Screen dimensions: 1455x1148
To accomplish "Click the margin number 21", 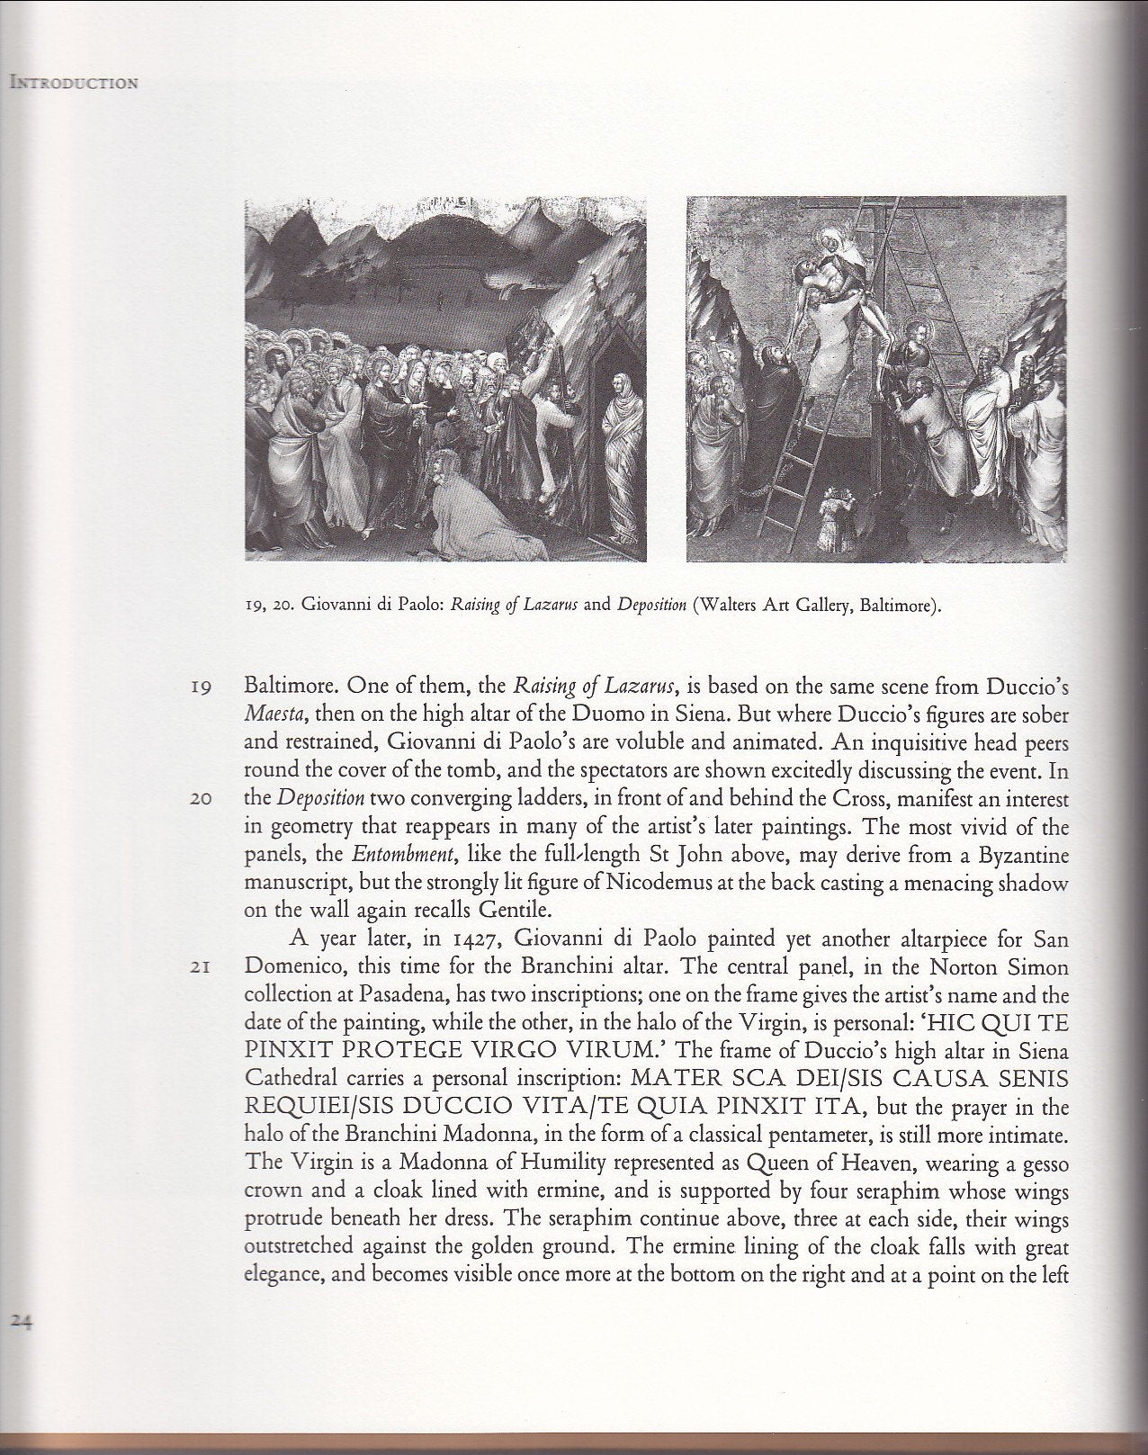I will (200, 968).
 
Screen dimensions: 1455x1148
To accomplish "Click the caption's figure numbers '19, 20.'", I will (267, 604).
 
